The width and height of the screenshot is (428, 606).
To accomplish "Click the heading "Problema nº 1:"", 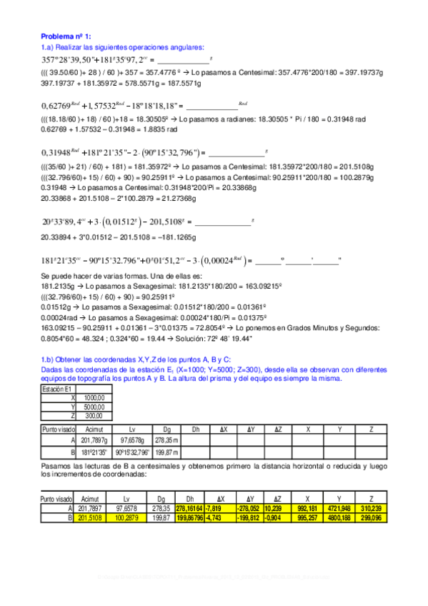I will click(x=66, y=36).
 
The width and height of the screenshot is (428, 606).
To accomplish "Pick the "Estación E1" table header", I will click(x=57, y=389).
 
